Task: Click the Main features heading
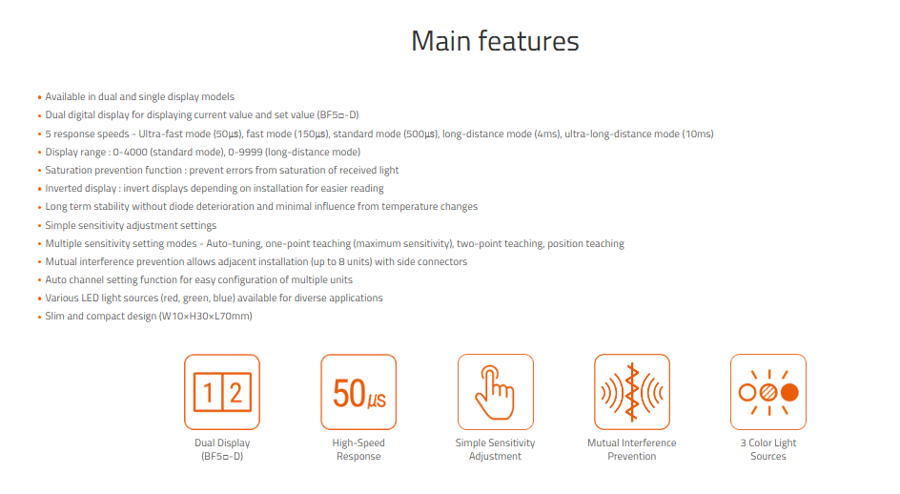495,41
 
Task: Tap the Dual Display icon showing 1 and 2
222,392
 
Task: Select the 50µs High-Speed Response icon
358,392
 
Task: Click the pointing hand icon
496,392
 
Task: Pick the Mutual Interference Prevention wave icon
632,392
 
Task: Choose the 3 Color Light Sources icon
768,392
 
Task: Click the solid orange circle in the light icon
789,392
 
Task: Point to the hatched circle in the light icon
768,392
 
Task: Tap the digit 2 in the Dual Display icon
235,393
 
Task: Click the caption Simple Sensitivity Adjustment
496,449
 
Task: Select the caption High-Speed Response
358,449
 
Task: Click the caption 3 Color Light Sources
768,449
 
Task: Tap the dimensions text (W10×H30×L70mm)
206,316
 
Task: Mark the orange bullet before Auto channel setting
40,281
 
